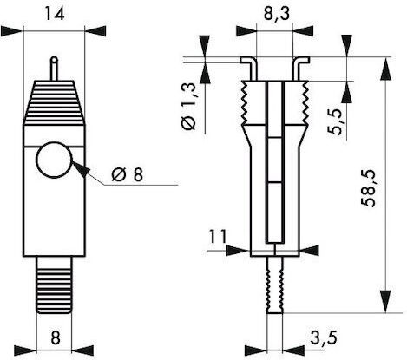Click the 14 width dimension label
click(54, 14)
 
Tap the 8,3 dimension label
click(277, 14)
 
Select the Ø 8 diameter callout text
click(128, 174)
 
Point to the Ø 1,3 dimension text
click(189, 106)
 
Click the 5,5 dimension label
click(336, 121)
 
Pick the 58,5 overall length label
click(368, 188)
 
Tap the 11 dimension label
click(218, 237)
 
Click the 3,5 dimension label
click(324, 337)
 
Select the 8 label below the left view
click(55, 337)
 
